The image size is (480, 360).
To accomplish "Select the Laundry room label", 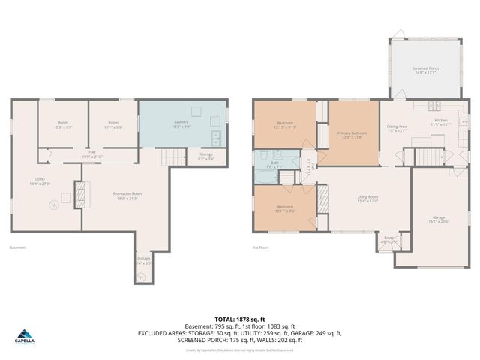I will (181, 124).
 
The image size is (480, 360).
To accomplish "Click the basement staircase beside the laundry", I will (170, 158).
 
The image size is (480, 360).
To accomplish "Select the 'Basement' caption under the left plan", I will (17, 247).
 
